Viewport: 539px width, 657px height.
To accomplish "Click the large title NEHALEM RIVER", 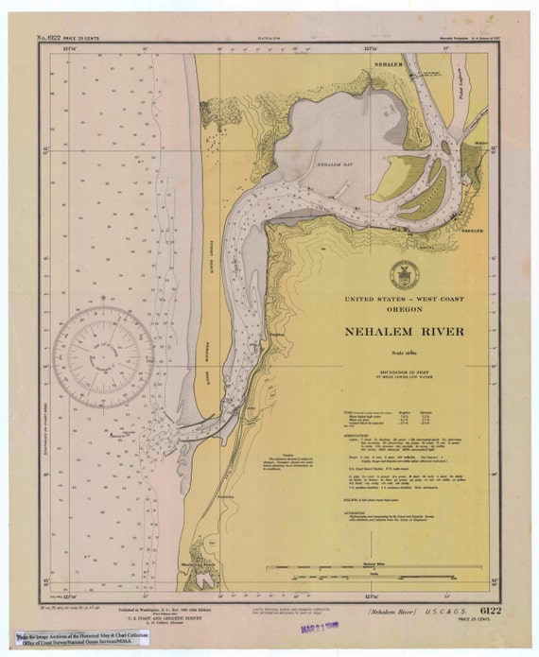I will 404,332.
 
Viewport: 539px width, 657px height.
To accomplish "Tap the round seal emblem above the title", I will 404,274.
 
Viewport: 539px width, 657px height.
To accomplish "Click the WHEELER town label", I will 471,230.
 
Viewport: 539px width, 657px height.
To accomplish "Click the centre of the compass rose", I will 103,357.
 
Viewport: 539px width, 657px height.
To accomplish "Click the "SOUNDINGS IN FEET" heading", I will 404,372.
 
